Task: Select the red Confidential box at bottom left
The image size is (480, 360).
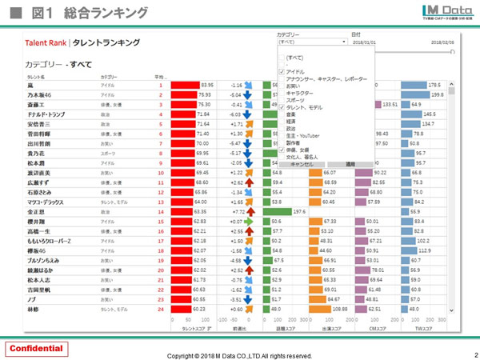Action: point(36,349)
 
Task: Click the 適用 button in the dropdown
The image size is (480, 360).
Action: point(350,163)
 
